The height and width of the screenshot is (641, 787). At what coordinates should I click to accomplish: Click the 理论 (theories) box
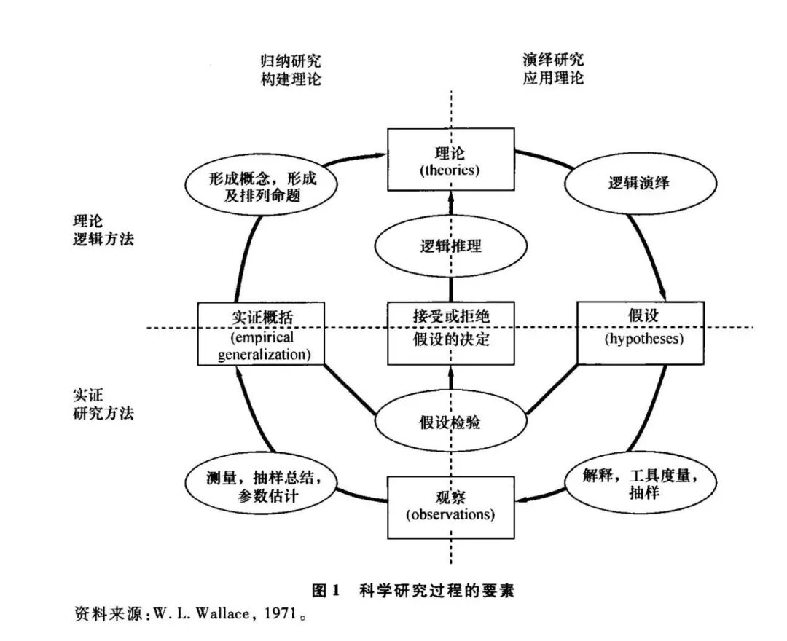(450, 161)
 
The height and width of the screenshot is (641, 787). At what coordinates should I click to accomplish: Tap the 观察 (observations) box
(450, 506)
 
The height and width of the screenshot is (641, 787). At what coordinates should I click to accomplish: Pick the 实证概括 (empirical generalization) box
(261, 333)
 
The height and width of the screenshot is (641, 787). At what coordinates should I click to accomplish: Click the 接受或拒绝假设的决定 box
(450, 332)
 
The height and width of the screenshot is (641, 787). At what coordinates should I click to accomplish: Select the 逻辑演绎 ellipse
(638, 184)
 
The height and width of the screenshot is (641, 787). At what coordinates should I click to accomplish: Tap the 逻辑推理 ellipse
(450, 245)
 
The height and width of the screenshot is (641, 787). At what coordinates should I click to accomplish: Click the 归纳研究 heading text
(290, 60)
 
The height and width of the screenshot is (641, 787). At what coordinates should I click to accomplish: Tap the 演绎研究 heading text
(553, 60)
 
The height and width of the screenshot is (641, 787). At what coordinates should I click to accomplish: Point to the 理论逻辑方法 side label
(103, 229)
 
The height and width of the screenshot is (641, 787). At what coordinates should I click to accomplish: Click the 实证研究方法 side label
(103, 403)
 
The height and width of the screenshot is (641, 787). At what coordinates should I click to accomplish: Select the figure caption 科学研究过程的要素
(436, 590)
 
